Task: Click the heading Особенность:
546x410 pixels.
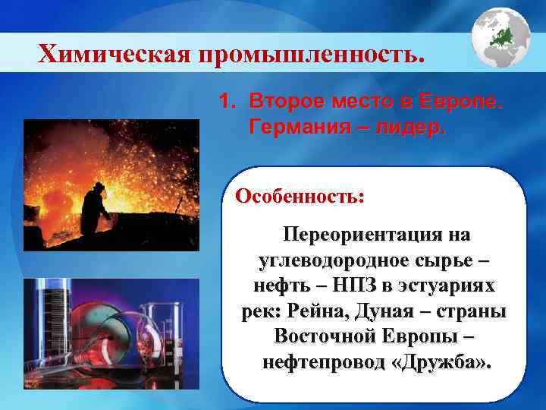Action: click(x=300, y=196)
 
